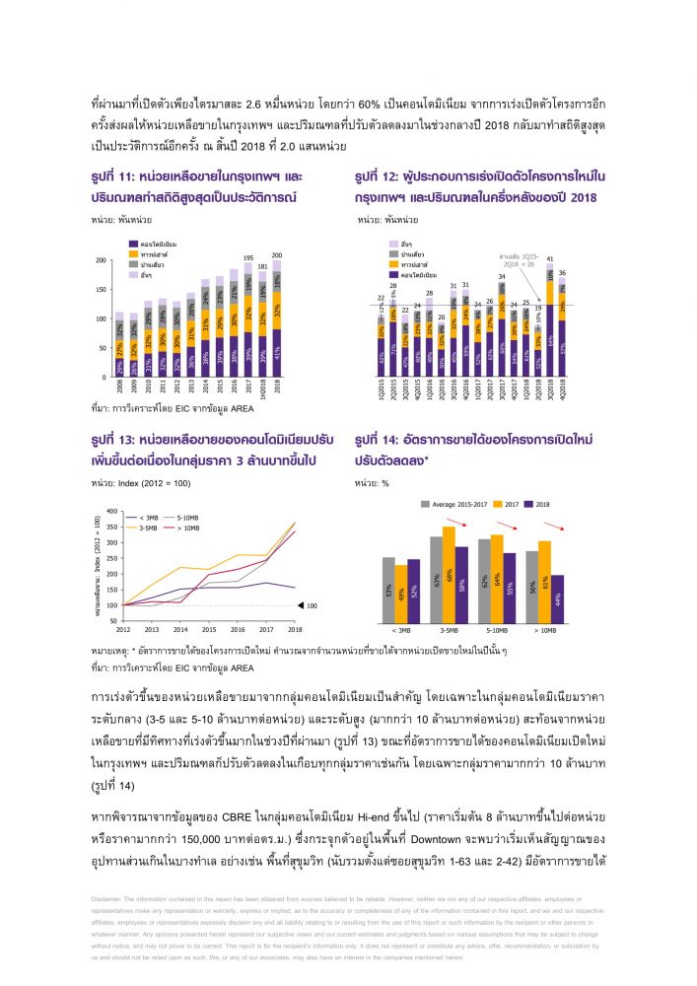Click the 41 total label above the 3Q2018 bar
click(549, 258)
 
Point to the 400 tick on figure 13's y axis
click(110, 512)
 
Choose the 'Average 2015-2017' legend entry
click(454, 505)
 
